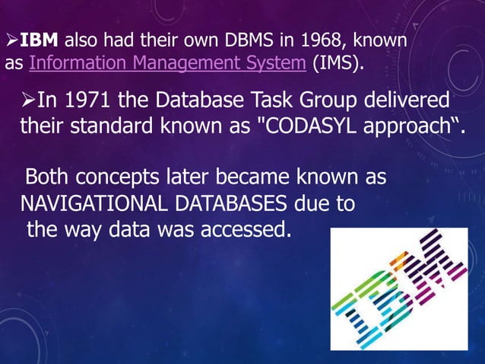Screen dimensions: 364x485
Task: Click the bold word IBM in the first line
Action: (x=34, y=40)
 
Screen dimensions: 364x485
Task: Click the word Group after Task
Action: (x=309, y=101)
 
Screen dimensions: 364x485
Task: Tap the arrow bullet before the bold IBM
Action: (x=11, y=40)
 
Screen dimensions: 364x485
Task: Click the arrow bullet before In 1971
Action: (x=29, y=101)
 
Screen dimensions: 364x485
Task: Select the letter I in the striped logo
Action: (x=358, y=311)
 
